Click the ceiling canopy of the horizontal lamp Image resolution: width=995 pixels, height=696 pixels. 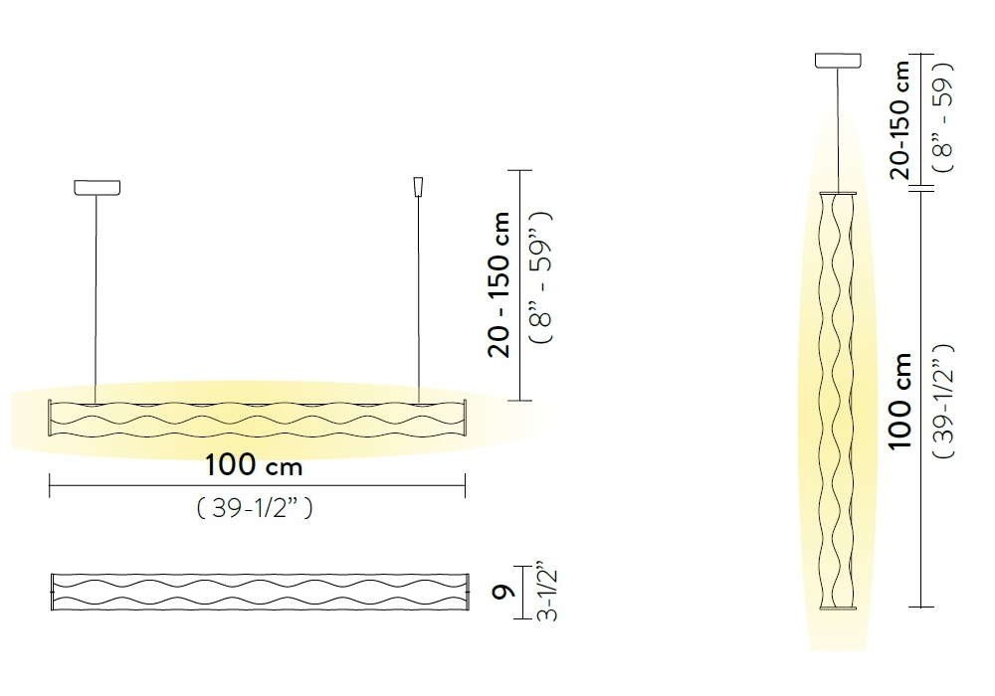[98, 187]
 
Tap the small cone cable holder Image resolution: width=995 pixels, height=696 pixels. [418, 186]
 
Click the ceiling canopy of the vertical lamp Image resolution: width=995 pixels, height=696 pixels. [838, 61]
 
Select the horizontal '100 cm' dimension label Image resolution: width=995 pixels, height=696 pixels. [253, 465]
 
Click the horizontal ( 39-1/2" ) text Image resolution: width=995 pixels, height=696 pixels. [255, 508]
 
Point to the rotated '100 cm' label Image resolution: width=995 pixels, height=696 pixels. [899, 402]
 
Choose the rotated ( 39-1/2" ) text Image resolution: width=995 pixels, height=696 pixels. [944, 401]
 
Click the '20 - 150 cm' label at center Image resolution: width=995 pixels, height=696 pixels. [499, 285]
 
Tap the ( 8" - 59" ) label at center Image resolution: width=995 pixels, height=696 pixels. [542, 277]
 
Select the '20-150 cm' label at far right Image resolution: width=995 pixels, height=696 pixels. [899, 119]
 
